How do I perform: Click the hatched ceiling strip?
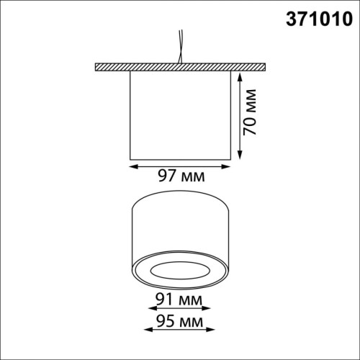coord(180,68)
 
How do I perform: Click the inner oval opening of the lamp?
coord(180,271)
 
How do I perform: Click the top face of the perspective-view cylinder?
coord(180,204)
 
